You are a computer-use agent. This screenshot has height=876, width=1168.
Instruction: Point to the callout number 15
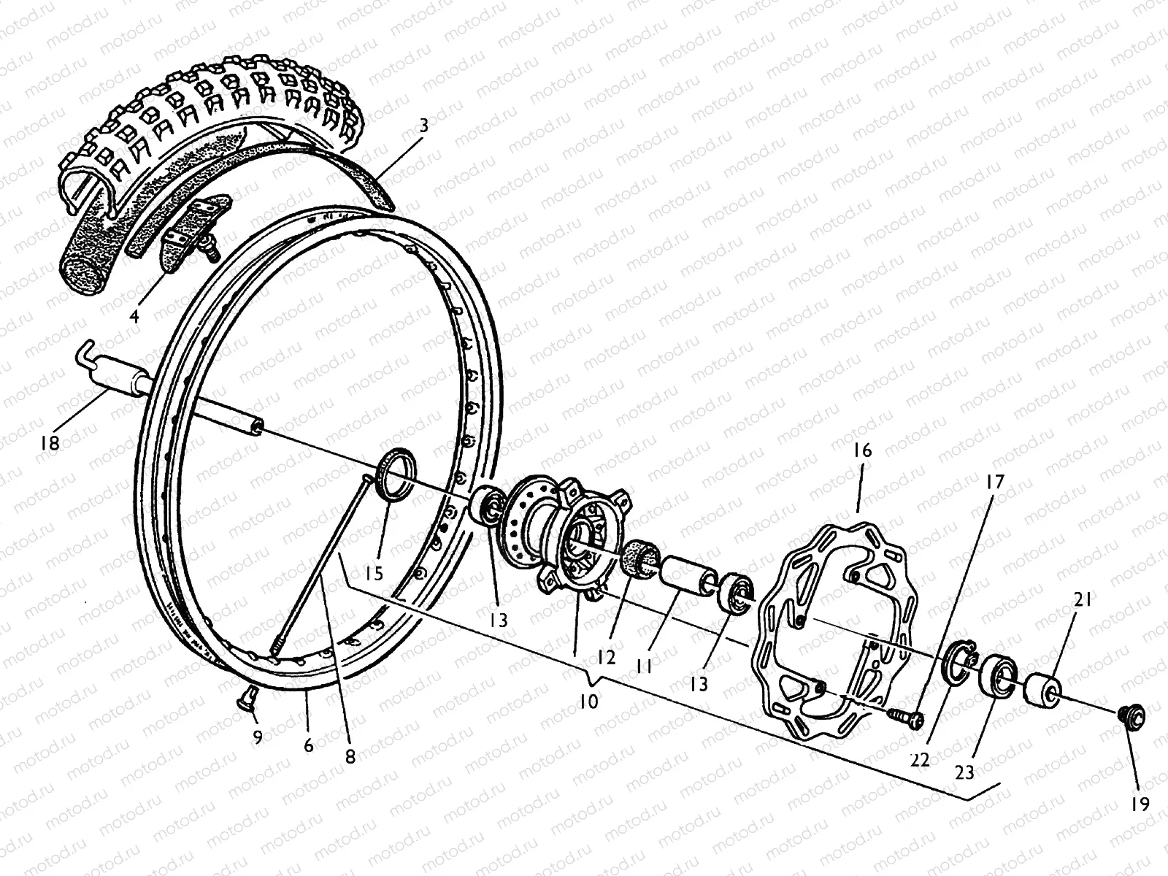(374, 573)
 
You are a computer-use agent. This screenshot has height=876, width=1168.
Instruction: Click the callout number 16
(862, 450)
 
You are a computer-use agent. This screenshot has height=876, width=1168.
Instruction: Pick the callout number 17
(996, 483)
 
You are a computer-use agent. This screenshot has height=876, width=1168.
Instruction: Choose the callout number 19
(1140, 804)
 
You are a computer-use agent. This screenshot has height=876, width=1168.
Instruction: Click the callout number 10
(588, 702)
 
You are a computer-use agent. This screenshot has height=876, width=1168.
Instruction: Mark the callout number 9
(257, 738)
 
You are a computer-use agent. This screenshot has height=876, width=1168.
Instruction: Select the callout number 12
(607, 657)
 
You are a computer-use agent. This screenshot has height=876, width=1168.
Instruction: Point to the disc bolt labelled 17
(907, 717)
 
